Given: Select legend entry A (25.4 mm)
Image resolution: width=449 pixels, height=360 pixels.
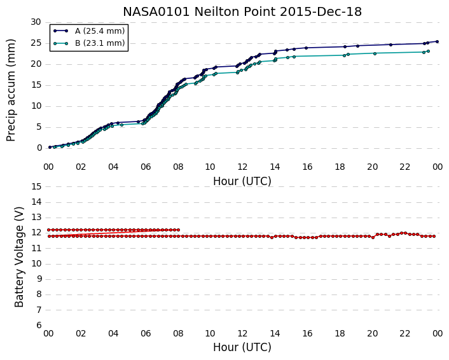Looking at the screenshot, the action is point(100,31).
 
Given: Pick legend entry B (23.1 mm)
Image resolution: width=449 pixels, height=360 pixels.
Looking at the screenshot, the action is point(100,43).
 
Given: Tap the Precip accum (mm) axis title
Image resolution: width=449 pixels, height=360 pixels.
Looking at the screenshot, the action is point(11,90).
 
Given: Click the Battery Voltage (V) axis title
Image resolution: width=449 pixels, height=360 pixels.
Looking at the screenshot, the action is point(19,257).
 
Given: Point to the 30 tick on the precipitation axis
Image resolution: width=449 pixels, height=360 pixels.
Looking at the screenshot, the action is point(36,22).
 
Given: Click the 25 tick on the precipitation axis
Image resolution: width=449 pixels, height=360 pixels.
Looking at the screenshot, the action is point(36,43).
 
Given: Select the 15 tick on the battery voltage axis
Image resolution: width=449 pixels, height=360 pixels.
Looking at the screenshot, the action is point(36,187).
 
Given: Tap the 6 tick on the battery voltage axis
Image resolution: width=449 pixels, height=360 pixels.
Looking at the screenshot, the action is point(39,326).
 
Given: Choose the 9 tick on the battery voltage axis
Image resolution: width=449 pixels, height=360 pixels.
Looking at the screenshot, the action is point(39,279).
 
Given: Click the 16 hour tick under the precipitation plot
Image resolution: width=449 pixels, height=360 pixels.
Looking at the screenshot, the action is point(307,167).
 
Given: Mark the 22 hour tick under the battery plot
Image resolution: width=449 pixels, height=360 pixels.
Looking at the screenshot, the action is point(405,334).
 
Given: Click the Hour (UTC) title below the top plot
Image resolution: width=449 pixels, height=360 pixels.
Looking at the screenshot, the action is point(242,181).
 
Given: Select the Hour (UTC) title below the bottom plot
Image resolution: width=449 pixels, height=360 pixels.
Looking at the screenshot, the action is point(242,347).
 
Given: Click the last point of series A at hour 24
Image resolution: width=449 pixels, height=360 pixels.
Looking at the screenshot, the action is point(437,41).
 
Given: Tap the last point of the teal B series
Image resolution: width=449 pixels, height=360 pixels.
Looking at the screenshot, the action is point(428,52).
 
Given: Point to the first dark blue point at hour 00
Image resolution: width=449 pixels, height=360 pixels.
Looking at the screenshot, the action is point(50,147).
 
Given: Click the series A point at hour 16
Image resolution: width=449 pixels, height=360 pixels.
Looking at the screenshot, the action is point(306,48).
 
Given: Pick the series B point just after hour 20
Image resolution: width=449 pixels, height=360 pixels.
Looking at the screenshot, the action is point(375,53).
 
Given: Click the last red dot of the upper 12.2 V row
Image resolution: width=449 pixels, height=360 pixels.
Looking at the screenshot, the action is point(179,230).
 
